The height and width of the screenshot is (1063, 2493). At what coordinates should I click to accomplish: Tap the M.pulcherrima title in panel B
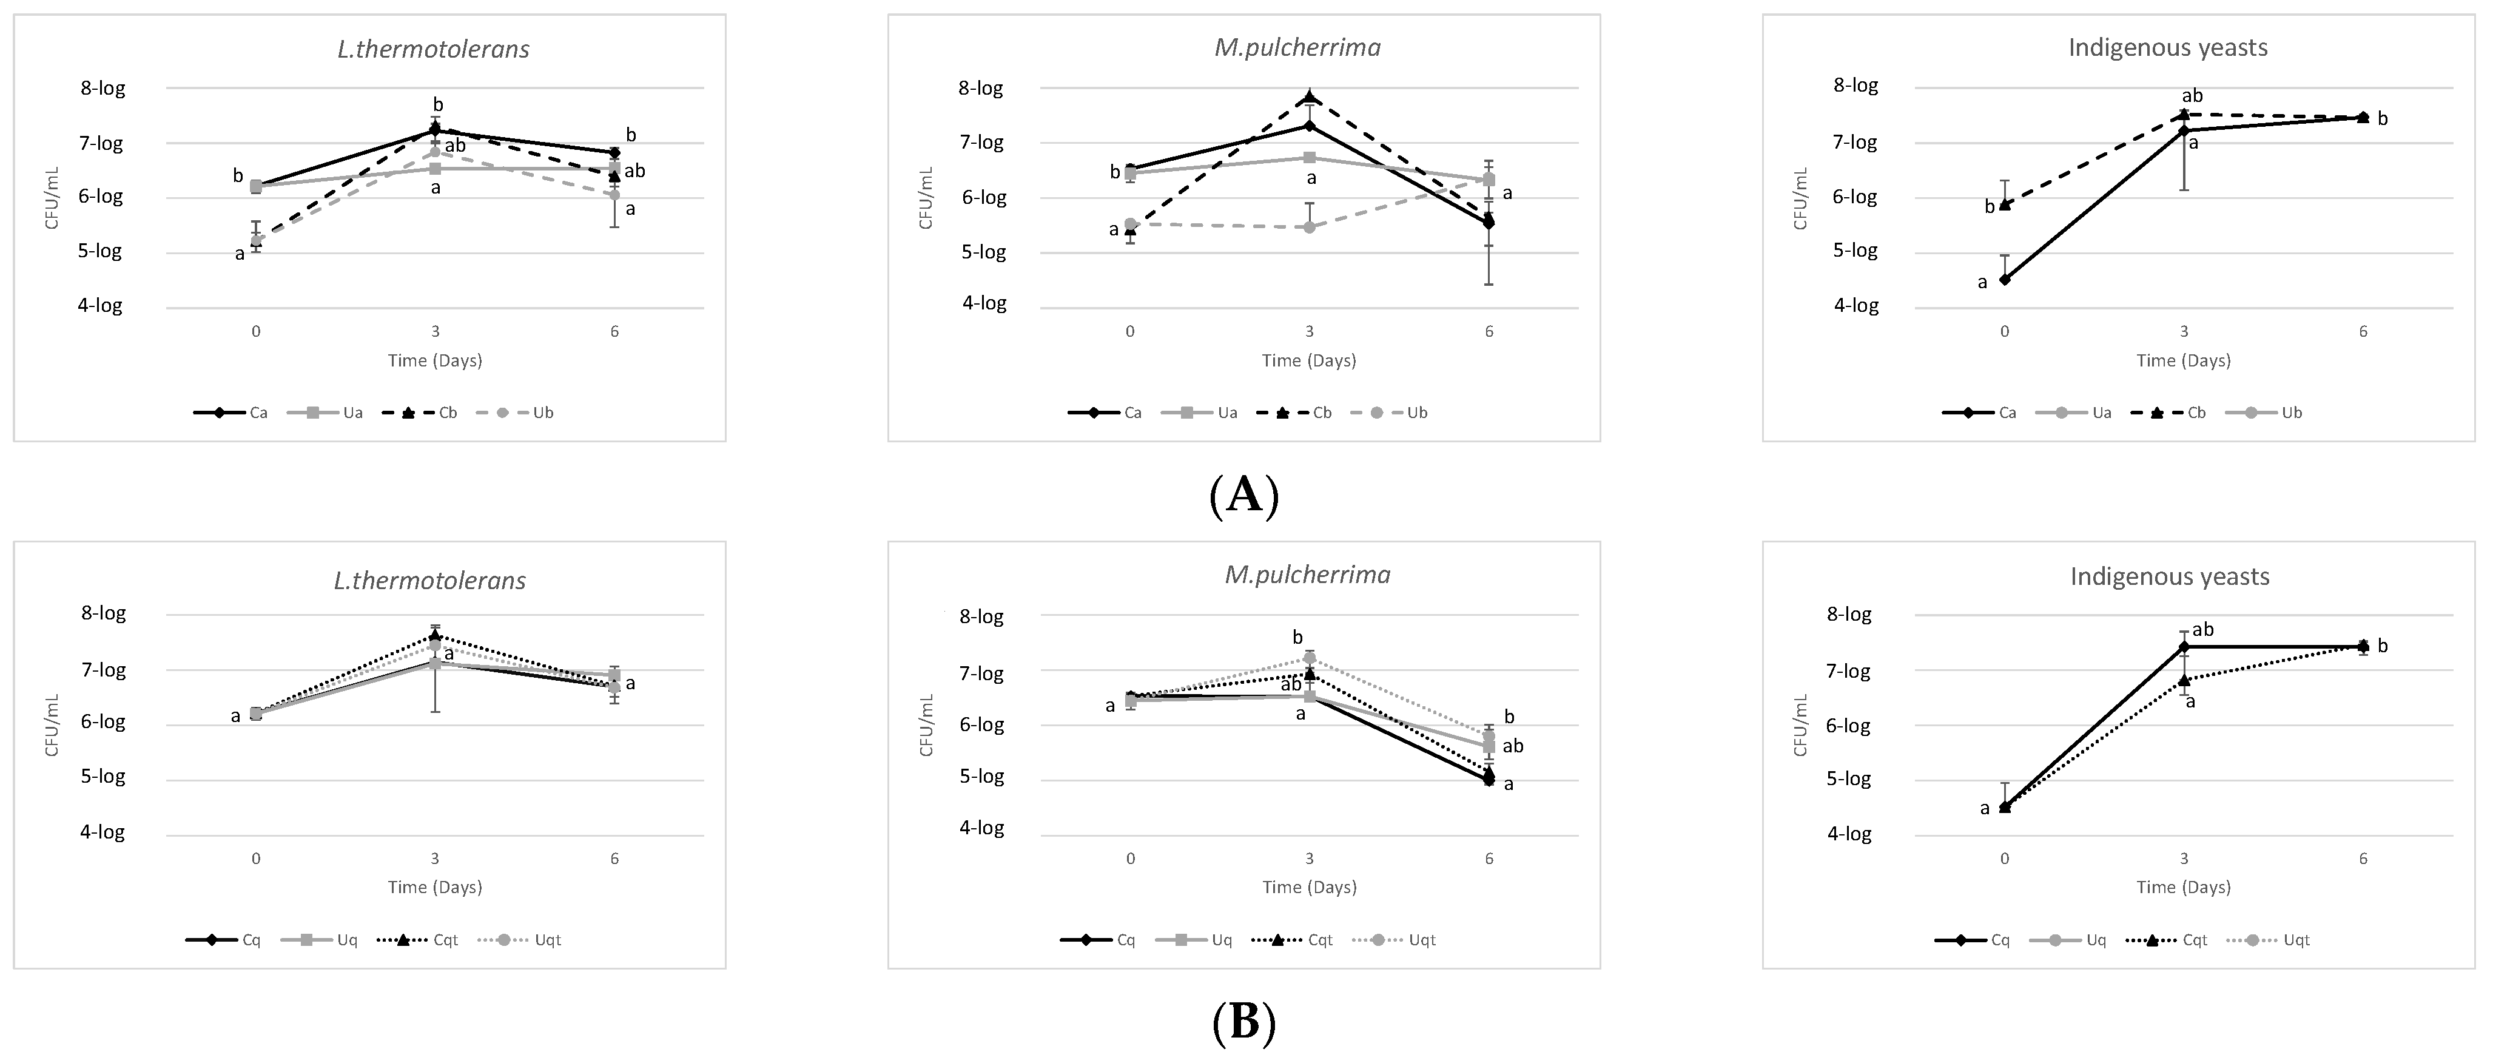[x=1308, y=575]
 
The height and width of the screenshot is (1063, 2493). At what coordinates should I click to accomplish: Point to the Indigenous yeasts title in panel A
[x=2168, y=47]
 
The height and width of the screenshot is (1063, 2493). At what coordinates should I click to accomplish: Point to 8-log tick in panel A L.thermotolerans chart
[x=103, y=88]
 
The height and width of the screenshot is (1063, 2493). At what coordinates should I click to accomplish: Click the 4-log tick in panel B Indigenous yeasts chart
[x=1848, y=834]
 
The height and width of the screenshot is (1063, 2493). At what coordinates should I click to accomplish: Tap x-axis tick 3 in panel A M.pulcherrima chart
[x=1310, y=331]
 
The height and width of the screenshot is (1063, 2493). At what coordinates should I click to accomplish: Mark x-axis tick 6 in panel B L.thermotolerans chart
[x=614, y=858]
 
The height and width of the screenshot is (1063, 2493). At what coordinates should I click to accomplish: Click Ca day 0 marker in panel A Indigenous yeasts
[x=2004, y=280]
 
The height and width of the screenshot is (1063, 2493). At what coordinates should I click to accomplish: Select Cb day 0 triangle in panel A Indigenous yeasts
[x=2004, y=204]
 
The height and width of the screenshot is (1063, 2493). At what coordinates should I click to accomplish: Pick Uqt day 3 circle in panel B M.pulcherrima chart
[x=1310, y=658]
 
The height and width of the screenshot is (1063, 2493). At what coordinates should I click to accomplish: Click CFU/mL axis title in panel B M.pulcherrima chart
[x=926, y=725]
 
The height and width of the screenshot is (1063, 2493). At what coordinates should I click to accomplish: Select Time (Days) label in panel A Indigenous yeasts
[x=2183, y=360]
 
